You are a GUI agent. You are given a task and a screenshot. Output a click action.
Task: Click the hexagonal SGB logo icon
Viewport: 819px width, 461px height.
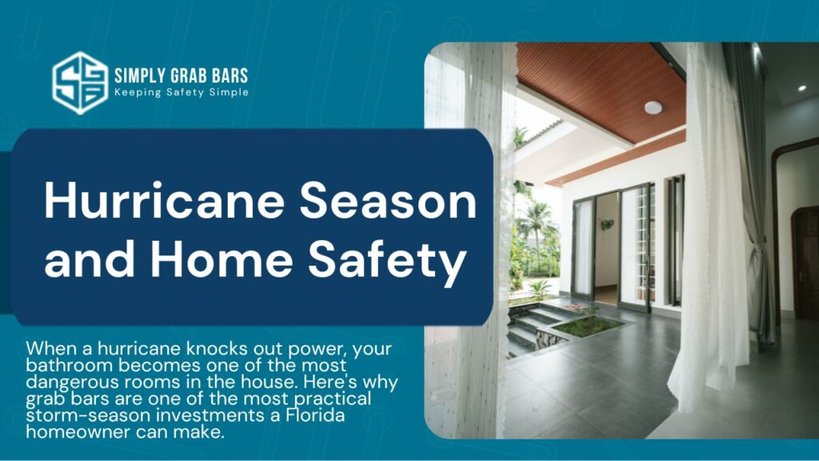tap(80, 82)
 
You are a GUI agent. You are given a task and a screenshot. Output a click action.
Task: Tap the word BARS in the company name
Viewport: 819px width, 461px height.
tap(230, 76)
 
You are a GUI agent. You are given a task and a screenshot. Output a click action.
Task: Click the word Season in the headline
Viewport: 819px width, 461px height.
tap(388, 201)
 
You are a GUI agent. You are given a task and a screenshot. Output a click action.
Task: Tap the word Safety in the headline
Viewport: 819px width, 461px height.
tap(386, 262)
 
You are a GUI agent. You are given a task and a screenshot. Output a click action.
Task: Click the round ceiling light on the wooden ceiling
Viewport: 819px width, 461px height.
tap(653, 108)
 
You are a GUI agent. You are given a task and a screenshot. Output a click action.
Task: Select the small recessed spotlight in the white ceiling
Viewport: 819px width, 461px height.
tap(801, 88)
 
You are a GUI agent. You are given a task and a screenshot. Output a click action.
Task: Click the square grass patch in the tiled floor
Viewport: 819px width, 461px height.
tap(587, 327)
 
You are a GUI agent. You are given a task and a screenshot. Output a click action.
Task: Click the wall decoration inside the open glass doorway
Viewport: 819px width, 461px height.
tap(607, 225)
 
